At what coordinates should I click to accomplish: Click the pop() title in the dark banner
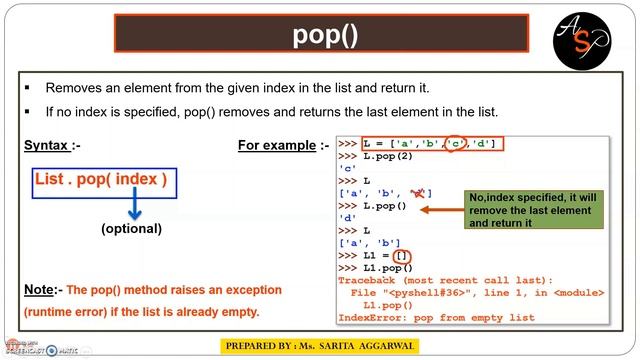[x=325, y=35]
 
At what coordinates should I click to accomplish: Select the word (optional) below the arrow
[x=131, y=229]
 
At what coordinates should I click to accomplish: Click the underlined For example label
[x=276, y=145]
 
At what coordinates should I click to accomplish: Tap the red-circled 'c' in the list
[x=455, y=144]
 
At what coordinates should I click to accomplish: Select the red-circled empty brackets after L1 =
[x=399, y=256]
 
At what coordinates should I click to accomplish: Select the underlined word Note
[x=39, y=290]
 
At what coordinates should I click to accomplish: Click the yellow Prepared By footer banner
[x=318, y=346]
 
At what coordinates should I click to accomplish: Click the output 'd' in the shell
[x=348, y=218]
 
